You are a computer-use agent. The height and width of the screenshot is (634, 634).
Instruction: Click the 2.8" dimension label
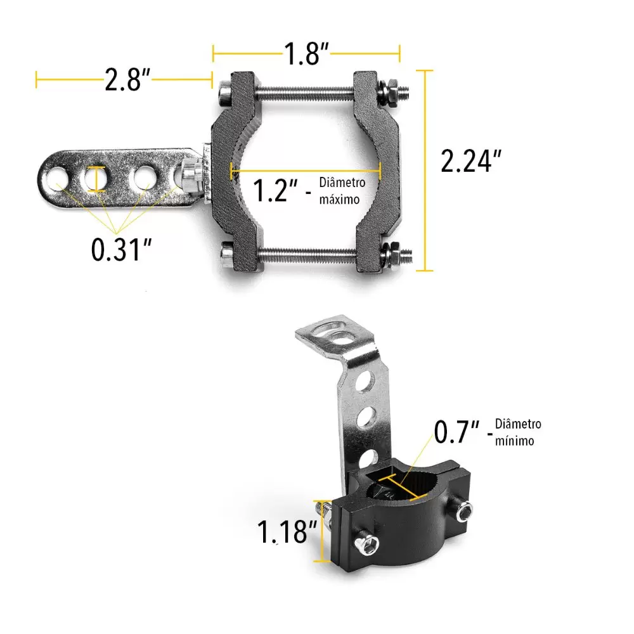(127, 80)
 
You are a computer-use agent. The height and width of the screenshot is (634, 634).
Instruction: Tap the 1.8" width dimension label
(306, 53)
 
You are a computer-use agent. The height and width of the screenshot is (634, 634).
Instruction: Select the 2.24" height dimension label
(471, 161)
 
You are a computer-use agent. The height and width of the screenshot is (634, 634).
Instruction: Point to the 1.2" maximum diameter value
(275, 190)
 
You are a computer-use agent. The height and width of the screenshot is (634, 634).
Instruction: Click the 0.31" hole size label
(121, 249)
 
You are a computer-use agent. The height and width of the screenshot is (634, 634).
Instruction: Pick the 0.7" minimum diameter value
(456, 431)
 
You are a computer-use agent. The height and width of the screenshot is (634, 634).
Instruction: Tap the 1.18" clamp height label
(287, 532)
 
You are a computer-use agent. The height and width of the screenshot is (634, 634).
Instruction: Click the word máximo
(339, 199)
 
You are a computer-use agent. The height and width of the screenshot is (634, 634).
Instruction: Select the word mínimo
(514, 441)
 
